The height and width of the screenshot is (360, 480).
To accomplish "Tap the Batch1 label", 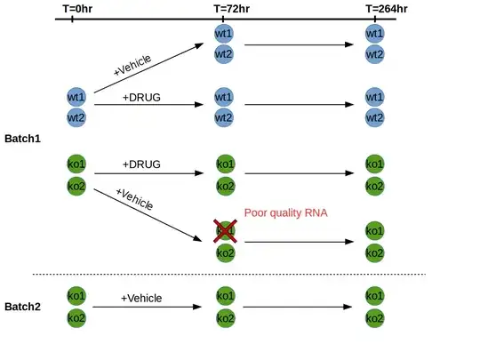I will click(x=22, y=139).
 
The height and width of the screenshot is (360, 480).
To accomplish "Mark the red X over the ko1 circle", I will click(x=225, y=231).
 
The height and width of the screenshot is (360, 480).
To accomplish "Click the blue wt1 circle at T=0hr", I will click(x=76, y=96).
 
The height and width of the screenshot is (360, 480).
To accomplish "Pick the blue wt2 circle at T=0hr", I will click(x=76, y=116).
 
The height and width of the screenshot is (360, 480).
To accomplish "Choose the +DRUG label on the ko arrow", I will click(x=142, y=164).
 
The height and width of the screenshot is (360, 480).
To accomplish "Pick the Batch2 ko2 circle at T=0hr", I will click(x=76, y=317).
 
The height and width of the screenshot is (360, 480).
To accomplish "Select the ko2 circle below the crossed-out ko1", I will click(x=225, y=253).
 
